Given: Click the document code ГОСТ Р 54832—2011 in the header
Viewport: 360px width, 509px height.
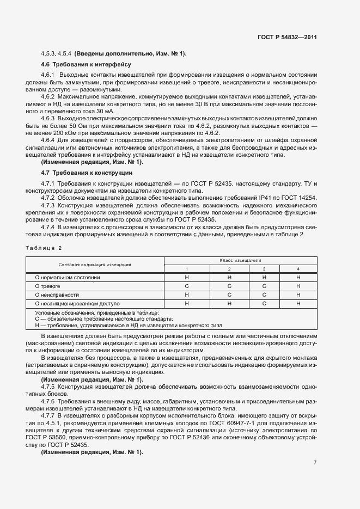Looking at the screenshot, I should (x=287, y=38).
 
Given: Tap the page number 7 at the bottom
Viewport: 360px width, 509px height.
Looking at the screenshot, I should (x=315, y=463).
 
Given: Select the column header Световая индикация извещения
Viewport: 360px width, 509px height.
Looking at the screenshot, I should (x=95, y=265).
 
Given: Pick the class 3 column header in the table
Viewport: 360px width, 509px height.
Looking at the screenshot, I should (x=264, y=269).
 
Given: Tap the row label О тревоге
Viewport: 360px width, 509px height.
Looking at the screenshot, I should (x=47, y=285).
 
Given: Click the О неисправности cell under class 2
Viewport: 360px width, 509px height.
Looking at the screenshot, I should (x=229, y=294).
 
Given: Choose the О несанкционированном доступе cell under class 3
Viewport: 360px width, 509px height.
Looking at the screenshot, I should (x=264, y=303).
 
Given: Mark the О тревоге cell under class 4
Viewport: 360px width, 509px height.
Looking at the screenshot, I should (x=298, y=285).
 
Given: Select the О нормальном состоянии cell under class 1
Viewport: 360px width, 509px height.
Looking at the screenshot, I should (x=187, y=277).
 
